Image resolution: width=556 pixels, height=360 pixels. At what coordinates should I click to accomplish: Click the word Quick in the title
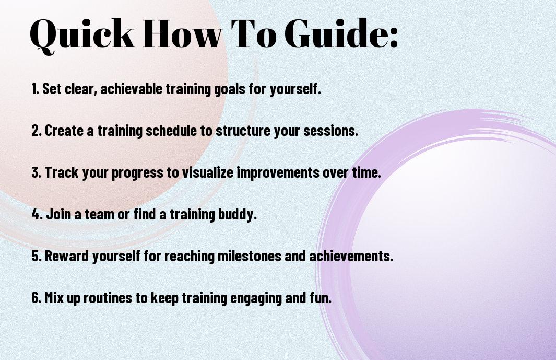click(82, 34)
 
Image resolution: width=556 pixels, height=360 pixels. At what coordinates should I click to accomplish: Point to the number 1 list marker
click(35, 89)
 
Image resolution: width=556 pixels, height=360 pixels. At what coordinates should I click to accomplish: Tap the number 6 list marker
click(37, 297)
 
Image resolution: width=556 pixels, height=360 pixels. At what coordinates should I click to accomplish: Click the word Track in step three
click(62, 172)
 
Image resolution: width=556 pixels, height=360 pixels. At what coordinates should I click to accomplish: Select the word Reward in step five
click(67, 256)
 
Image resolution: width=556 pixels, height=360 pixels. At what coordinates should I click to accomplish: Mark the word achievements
click(351, 256)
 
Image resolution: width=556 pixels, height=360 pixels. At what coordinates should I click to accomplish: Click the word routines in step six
click(108, 298)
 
